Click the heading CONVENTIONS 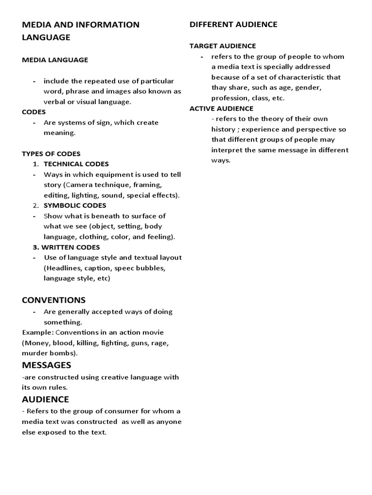pos(54,300)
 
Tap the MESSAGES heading pos(46,364)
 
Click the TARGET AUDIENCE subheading pos(222,46)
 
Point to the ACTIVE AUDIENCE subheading pos(221,108)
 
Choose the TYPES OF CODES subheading pos(51,154)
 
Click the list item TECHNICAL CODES pos(76,164)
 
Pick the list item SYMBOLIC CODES pos(75,205)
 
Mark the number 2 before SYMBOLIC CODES pos(35,205)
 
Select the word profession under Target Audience pos(229,98)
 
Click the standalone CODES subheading pos(33,112)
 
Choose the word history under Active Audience pos(223,129)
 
